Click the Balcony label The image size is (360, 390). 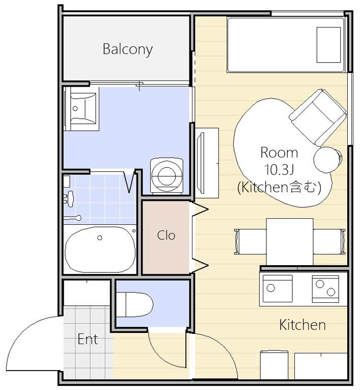click(x=128, y=49)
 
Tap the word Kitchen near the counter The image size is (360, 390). click(x=302, y=325)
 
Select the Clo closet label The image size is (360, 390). click(x=166, y=236)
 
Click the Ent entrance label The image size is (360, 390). click(x=88, y=339)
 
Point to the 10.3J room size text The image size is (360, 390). click(x=279, y=170)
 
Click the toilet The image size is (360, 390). click(x=134, y=305)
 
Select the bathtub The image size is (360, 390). click(x=100, y=249)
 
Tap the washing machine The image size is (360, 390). click(x=167, y=175)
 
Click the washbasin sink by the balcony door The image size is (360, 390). click(x=81, y=109)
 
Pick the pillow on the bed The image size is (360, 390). click(x=328, y=45)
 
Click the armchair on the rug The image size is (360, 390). click(x=318, y=117)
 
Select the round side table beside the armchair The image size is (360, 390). click(x=327, y=160)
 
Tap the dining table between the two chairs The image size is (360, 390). click(x=290, y=242)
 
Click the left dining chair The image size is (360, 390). click(x=250, y=242)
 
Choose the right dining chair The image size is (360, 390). click(x=329, y=242)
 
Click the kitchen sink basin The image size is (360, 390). click(x=278, y=289)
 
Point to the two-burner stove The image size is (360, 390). click(x=325, y=289)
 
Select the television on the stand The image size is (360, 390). click(x=201, y=163)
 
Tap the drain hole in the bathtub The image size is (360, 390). click(x=100, y=238)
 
